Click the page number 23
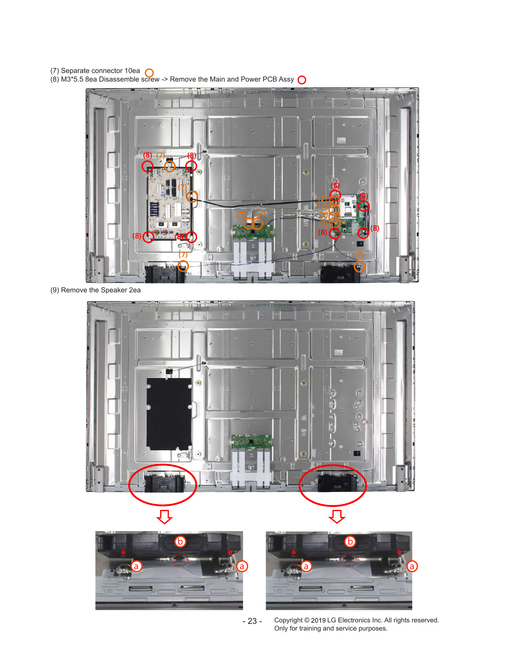coord(252,621)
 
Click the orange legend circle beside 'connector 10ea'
coord(149,73)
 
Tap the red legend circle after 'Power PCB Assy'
coord(302,80)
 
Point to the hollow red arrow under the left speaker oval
coord(164,517)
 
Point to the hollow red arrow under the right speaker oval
coord(337,516)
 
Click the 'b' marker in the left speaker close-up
coord(180,541)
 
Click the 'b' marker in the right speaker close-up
coord(350,541)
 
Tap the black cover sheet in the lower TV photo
coord(169,413)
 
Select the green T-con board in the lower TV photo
coord(251,441)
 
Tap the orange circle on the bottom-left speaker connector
coord(183,266)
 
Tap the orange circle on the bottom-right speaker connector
coord(359,266)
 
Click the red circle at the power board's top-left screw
coord(148,166)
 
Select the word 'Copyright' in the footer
coord(288,620)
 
